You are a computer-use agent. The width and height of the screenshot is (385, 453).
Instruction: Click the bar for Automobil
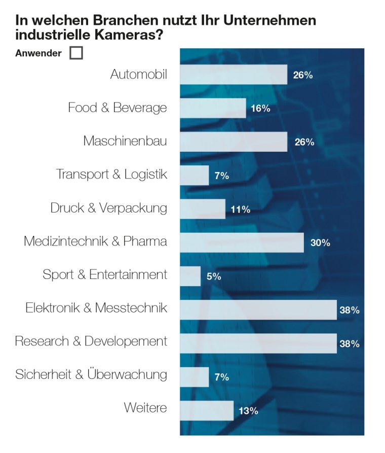point(234,75)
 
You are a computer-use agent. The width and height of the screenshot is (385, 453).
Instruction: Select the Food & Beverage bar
point(213,108)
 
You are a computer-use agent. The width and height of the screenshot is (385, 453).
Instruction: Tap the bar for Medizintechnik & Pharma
point(242,242)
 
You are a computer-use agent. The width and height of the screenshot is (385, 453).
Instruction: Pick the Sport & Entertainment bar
point(190,276)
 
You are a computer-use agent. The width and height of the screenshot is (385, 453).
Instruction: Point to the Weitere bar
point(207,410)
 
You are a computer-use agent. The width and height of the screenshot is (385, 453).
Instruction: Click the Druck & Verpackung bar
point(203,209)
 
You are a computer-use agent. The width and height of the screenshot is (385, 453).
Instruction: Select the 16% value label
point(260,109)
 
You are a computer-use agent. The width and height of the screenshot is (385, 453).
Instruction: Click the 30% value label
point(320,243)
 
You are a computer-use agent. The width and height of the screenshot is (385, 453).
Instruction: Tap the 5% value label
point(213,276)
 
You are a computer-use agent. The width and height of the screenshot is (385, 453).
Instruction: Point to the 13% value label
point(248,411)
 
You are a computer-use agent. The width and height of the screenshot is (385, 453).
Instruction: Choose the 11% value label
point(240,210)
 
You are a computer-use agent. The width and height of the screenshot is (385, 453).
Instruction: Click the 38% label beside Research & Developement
point(350,344)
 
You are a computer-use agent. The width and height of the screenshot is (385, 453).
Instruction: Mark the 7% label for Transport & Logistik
point(221,176)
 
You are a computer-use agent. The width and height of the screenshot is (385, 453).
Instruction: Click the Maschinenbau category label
point(125,141)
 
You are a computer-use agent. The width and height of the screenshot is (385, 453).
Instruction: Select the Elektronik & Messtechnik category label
point(96,308)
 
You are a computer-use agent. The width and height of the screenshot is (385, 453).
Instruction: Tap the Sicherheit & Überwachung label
point(91,374)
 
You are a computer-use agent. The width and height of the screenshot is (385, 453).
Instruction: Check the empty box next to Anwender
point(76,53)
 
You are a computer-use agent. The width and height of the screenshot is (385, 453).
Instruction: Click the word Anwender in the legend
point(38,53)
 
